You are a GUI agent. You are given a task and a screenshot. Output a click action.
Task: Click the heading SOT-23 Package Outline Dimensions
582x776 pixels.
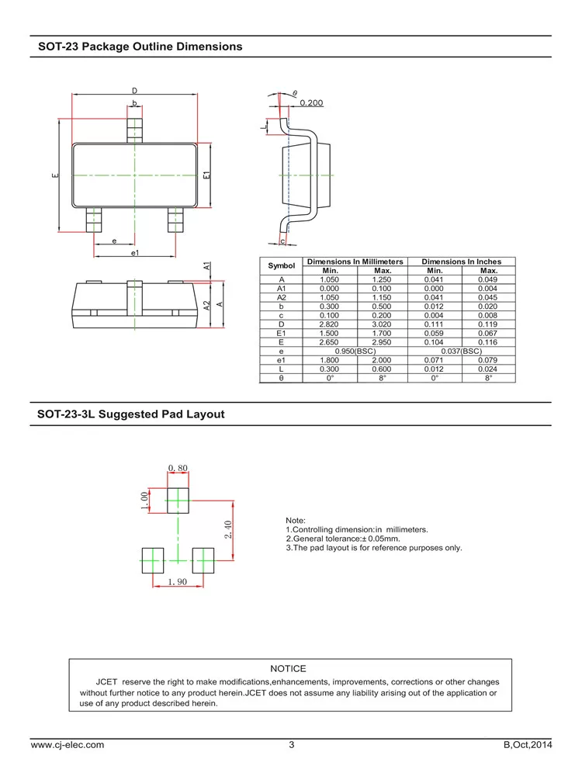coord(140,47)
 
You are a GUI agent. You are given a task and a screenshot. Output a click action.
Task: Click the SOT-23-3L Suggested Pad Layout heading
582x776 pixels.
coord(131,414)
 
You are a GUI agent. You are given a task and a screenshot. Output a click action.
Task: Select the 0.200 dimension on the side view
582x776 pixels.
coord(310,102)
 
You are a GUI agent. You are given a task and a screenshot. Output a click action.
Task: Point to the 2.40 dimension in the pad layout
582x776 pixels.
coord(228,530)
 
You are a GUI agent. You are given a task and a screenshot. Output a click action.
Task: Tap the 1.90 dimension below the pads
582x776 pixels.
coord(178,581)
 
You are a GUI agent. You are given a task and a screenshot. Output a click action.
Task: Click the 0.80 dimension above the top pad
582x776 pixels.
coord(178,468)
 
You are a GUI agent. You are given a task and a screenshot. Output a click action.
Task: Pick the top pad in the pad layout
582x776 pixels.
coord(178,500)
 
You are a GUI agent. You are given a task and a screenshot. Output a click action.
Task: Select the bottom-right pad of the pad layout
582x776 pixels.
coord(203,559)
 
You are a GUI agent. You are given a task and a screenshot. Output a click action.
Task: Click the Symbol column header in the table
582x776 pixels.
coord(282,266)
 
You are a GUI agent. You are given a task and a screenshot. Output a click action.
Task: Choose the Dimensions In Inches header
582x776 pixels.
coord(461,262)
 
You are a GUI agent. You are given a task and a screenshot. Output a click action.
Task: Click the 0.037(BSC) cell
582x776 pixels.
coord(461,352)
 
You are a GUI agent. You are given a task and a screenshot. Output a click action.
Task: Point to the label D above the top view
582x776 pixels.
coord(133,91)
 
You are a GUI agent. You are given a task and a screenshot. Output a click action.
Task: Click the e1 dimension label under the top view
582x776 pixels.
coord(134,253)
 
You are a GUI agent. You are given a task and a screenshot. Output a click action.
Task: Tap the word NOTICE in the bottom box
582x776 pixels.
coord(288,668)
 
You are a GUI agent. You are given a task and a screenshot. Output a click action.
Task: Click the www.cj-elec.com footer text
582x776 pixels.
coord(67,745)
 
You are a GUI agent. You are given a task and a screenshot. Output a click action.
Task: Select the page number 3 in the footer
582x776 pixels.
coord(292,745)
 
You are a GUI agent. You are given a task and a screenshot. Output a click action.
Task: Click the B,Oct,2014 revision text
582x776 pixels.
coord(527,745)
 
